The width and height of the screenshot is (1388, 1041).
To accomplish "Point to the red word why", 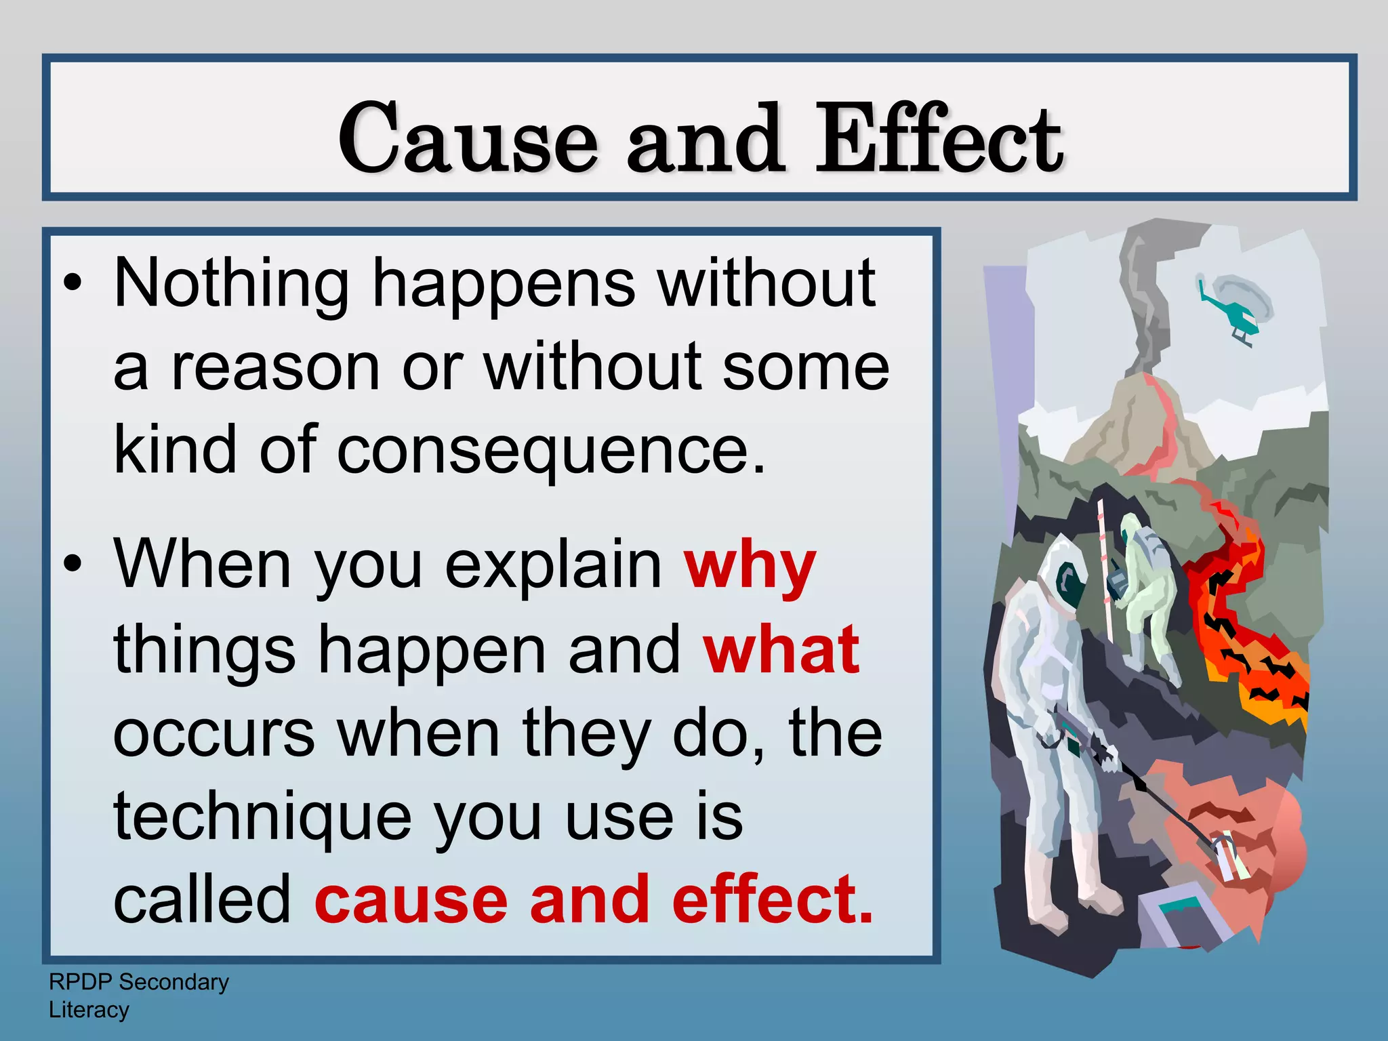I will pyautogui.click(x=750, y=568).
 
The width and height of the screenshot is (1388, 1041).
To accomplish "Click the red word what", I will pyautogui.click(x=781, y=651).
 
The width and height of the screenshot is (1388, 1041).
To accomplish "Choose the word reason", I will pyautogui.click(x=274, y=367).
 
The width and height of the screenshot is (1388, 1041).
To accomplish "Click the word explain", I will pyautogui.click(x=553, y=568).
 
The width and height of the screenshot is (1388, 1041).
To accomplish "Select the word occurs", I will pyautogui.click(x=214, y=734).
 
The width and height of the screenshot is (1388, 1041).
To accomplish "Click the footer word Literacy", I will pyautogui.click(x=89, y=1010).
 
